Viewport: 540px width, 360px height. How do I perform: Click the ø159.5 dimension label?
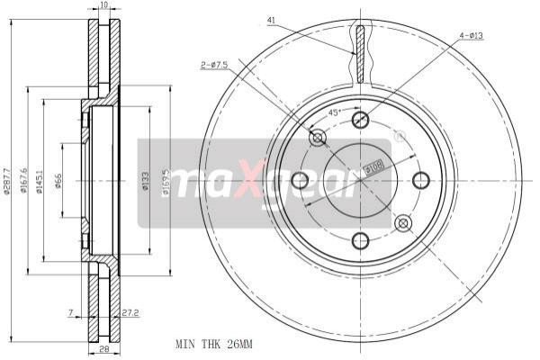(166, 180)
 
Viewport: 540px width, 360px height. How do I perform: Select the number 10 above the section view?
(104, 5)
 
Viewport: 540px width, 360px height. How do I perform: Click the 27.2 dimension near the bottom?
(130, 313)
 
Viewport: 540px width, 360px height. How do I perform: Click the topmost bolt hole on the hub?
(360, 121)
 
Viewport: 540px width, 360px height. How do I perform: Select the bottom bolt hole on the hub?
(360, 240)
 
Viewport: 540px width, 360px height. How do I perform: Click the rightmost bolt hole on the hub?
(420, 180)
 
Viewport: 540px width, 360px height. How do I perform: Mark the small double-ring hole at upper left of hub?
(317, 138)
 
